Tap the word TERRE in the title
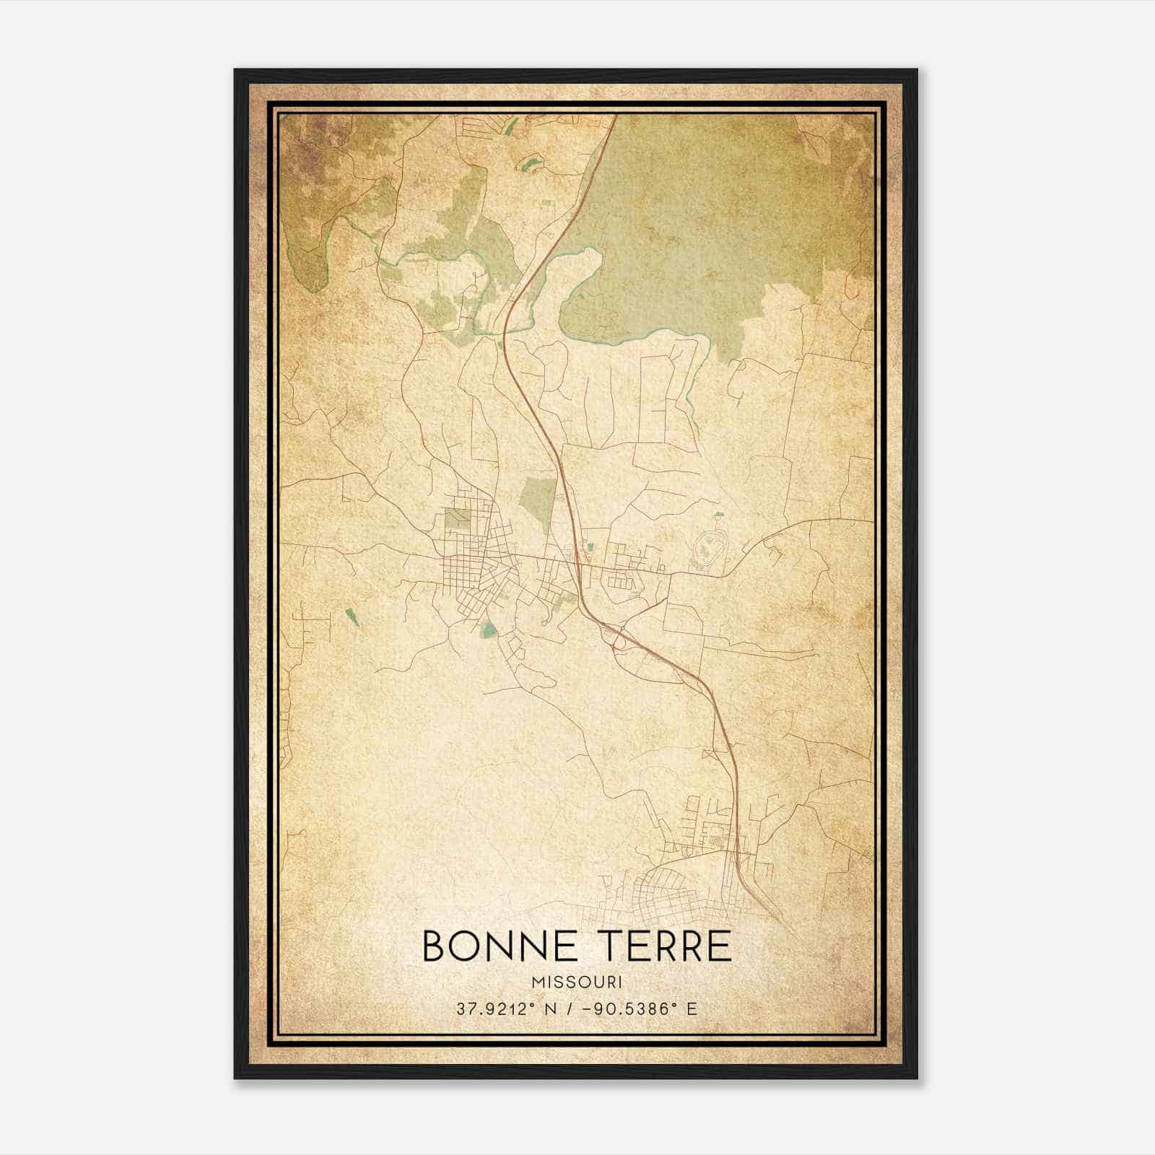coord(663,946)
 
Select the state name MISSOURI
coord(577,982)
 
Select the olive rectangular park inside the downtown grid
coord(456,518)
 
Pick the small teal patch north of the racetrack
coord(719,515)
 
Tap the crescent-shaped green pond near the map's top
coord(532,162)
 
